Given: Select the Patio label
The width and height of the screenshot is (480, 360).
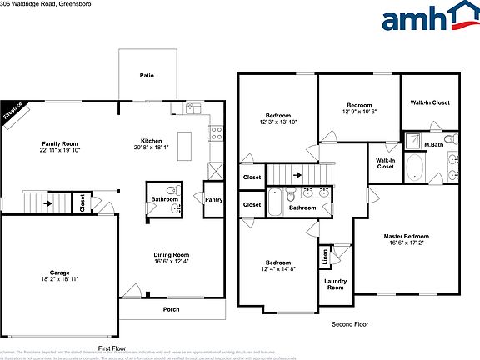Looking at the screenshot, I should coord(146,76).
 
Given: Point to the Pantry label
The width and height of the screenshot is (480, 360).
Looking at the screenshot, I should coord(212,198).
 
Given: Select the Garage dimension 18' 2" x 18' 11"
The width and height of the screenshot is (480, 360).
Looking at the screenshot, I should coord(59,279).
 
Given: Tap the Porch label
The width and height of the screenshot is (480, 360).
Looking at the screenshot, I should coord(170,309).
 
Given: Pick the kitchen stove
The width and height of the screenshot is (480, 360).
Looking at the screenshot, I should coord(215,131).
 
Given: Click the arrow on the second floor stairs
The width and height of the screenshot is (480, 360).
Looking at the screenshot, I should coord(296,176).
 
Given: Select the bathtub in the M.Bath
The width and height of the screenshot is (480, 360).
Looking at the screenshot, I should coord(414,165).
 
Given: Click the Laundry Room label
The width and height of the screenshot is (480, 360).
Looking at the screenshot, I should coord(335,284).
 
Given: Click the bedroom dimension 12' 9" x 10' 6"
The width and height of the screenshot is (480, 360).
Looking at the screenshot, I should coord(359,111).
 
